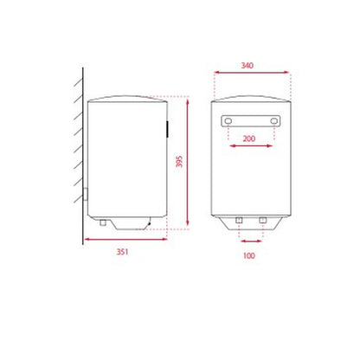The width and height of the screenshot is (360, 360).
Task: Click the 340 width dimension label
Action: pos(247,66)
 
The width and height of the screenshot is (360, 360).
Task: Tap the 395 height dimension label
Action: pos(179,162)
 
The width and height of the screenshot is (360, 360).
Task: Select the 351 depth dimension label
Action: pos(122,252)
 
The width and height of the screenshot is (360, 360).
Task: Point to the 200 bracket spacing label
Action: pos(249,138)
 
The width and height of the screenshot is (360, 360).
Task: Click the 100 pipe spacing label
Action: pos(248,255)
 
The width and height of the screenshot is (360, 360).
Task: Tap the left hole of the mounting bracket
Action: pos(228,121)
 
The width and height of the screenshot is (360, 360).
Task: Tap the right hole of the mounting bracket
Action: pos(274,121)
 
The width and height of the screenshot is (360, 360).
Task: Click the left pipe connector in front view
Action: pos(239,221)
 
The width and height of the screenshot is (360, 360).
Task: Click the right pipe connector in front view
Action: pos(262,221)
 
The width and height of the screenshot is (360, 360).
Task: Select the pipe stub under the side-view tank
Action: pos(103,222)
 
